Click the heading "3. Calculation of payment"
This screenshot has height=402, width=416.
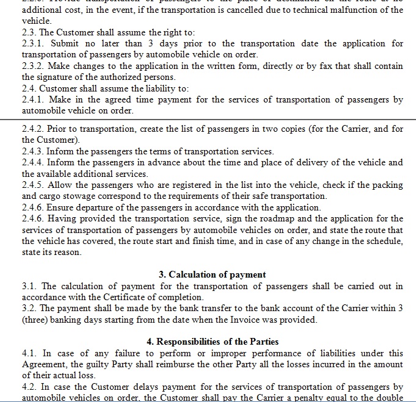(x=212, y=275)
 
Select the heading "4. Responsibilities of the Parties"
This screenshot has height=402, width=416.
(x=212, y=342)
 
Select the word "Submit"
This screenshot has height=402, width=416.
(x=65, y=43)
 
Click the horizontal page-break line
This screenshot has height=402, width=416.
(x=208, y=120)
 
